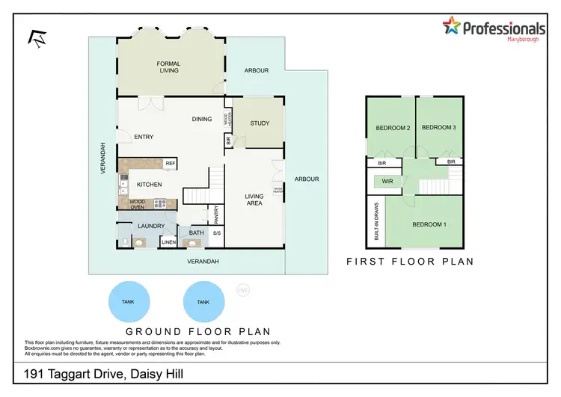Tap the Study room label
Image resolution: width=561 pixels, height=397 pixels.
260,123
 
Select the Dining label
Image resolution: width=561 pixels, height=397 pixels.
201,119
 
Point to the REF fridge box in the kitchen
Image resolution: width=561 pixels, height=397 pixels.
170,163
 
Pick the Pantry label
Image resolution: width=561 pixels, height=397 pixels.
216,215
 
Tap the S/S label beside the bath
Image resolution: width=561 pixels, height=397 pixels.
217,233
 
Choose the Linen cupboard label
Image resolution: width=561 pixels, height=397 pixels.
169,241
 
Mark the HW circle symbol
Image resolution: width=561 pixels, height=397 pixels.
242,290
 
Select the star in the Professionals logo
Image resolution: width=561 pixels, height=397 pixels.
452,28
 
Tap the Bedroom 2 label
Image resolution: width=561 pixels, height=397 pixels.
393,128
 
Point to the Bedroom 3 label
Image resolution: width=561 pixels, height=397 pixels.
439,128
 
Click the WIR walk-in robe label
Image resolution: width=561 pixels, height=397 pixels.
387,182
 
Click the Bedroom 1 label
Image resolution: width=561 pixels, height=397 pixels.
429,224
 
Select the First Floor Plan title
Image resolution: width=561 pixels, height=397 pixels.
410,262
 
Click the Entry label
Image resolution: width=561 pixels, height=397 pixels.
144,137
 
